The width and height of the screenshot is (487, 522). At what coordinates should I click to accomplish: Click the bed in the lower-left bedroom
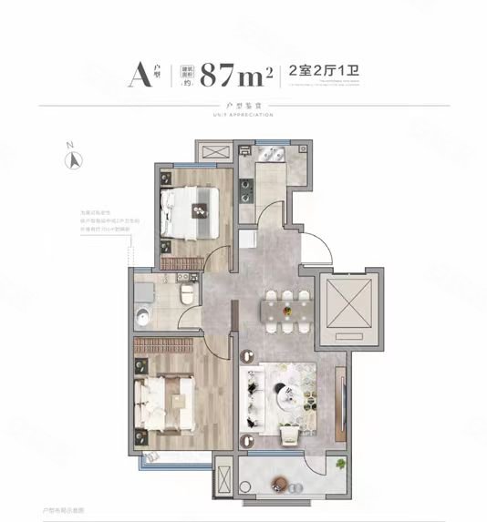pyautogui.click(x=167, y=398)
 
